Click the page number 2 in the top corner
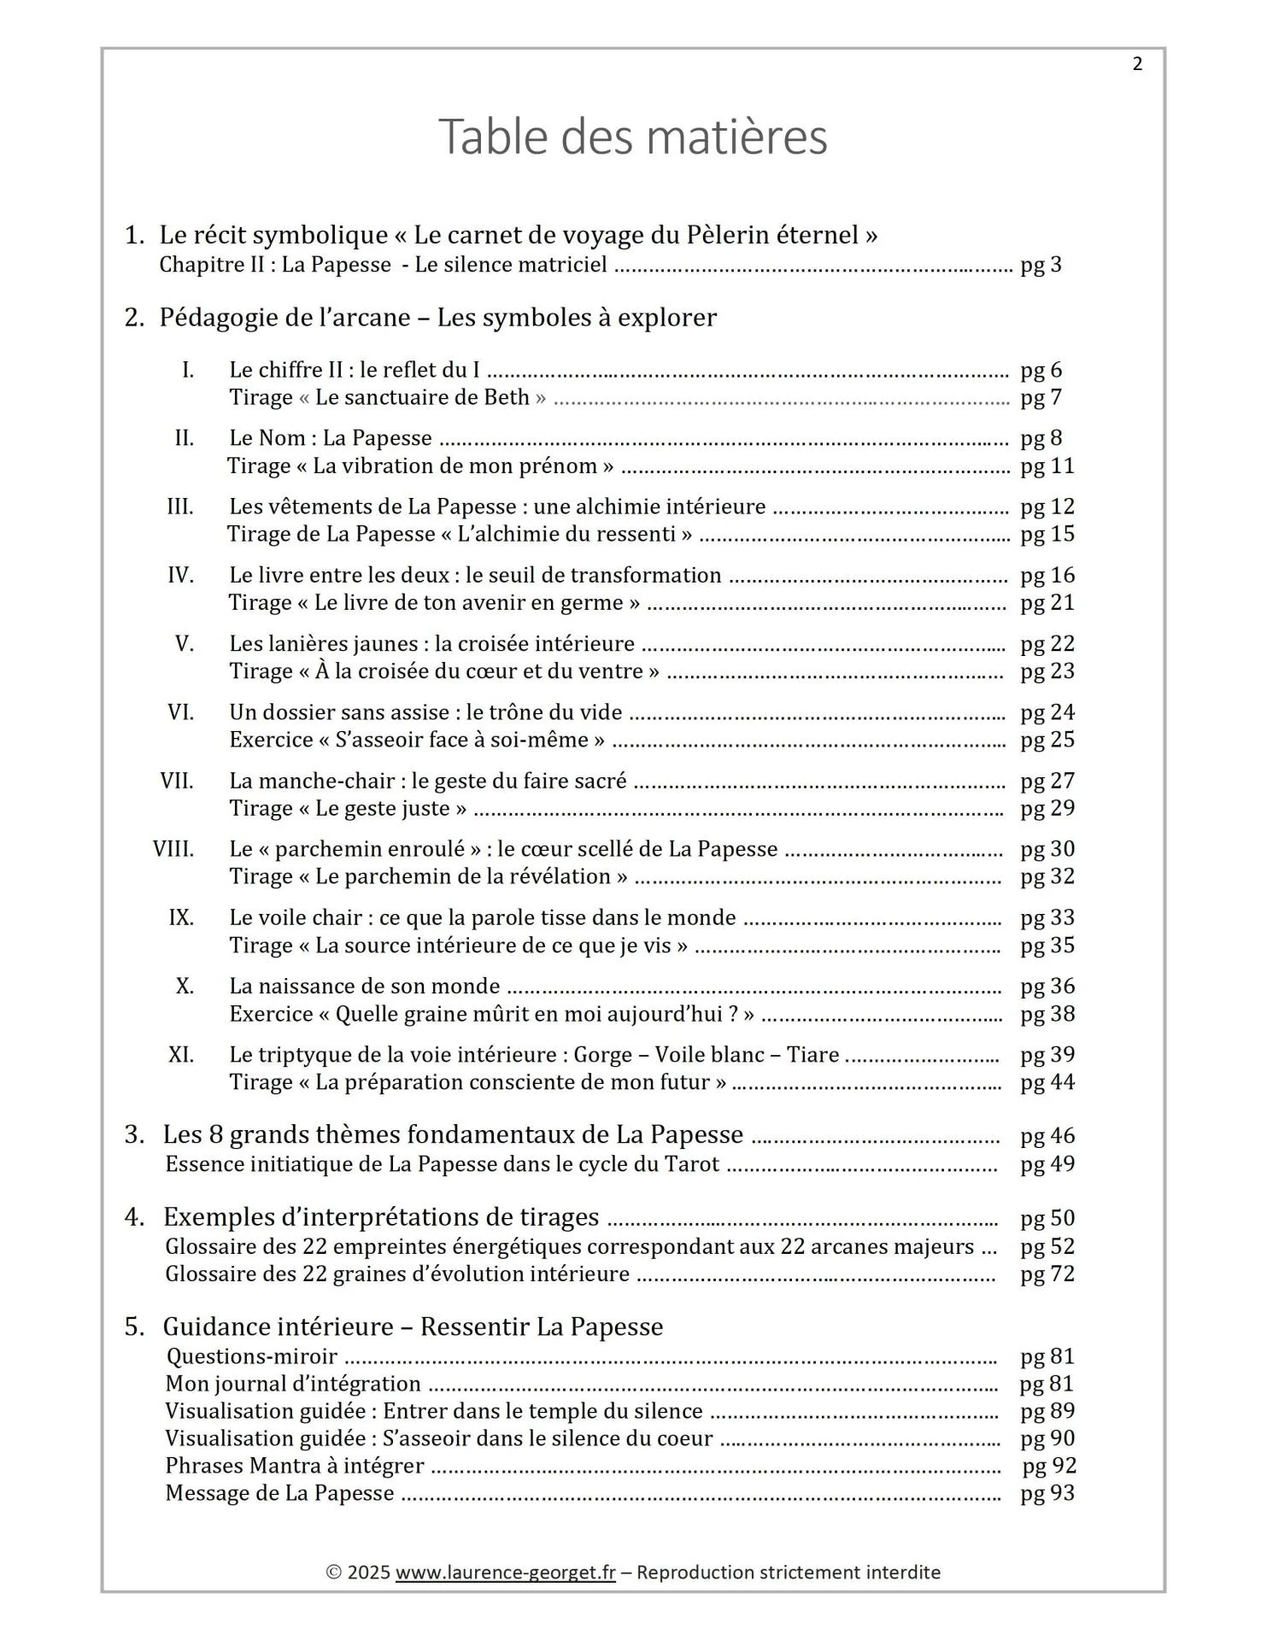coord(1136,64)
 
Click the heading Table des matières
coord(632,137)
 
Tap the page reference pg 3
coord(1041,265)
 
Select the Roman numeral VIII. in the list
coord(173,849)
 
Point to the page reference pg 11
coord(1047,466)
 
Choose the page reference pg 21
coord(1047,603)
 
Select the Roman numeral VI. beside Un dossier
coord(180,712)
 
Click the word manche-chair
coord(342,781)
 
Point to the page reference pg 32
coord(1047,877)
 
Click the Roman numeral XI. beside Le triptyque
coord(180,1055)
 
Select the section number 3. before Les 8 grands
coord(134,1135)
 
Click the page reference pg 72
coord(1047,1274)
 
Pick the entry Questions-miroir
coord(251,1356)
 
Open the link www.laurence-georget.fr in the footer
coord(505,1573)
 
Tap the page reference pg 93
coord(1047,1493)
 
